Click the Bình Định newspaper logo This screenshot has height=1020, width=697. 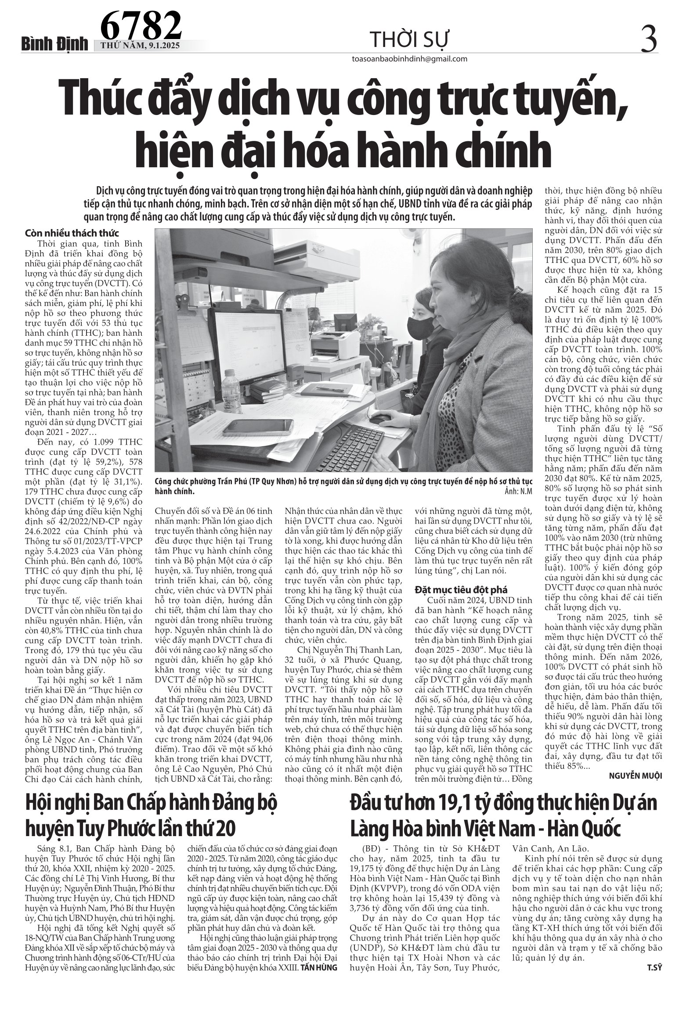[x=56, y=44]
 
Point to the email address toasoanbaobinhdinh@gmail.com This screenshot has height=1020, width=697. [x=409, y=59]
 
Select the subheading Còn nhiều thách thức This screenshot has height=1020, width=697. [x=72, y=233]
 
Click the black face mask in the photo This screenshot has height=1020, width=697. [x=421, y=327]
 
